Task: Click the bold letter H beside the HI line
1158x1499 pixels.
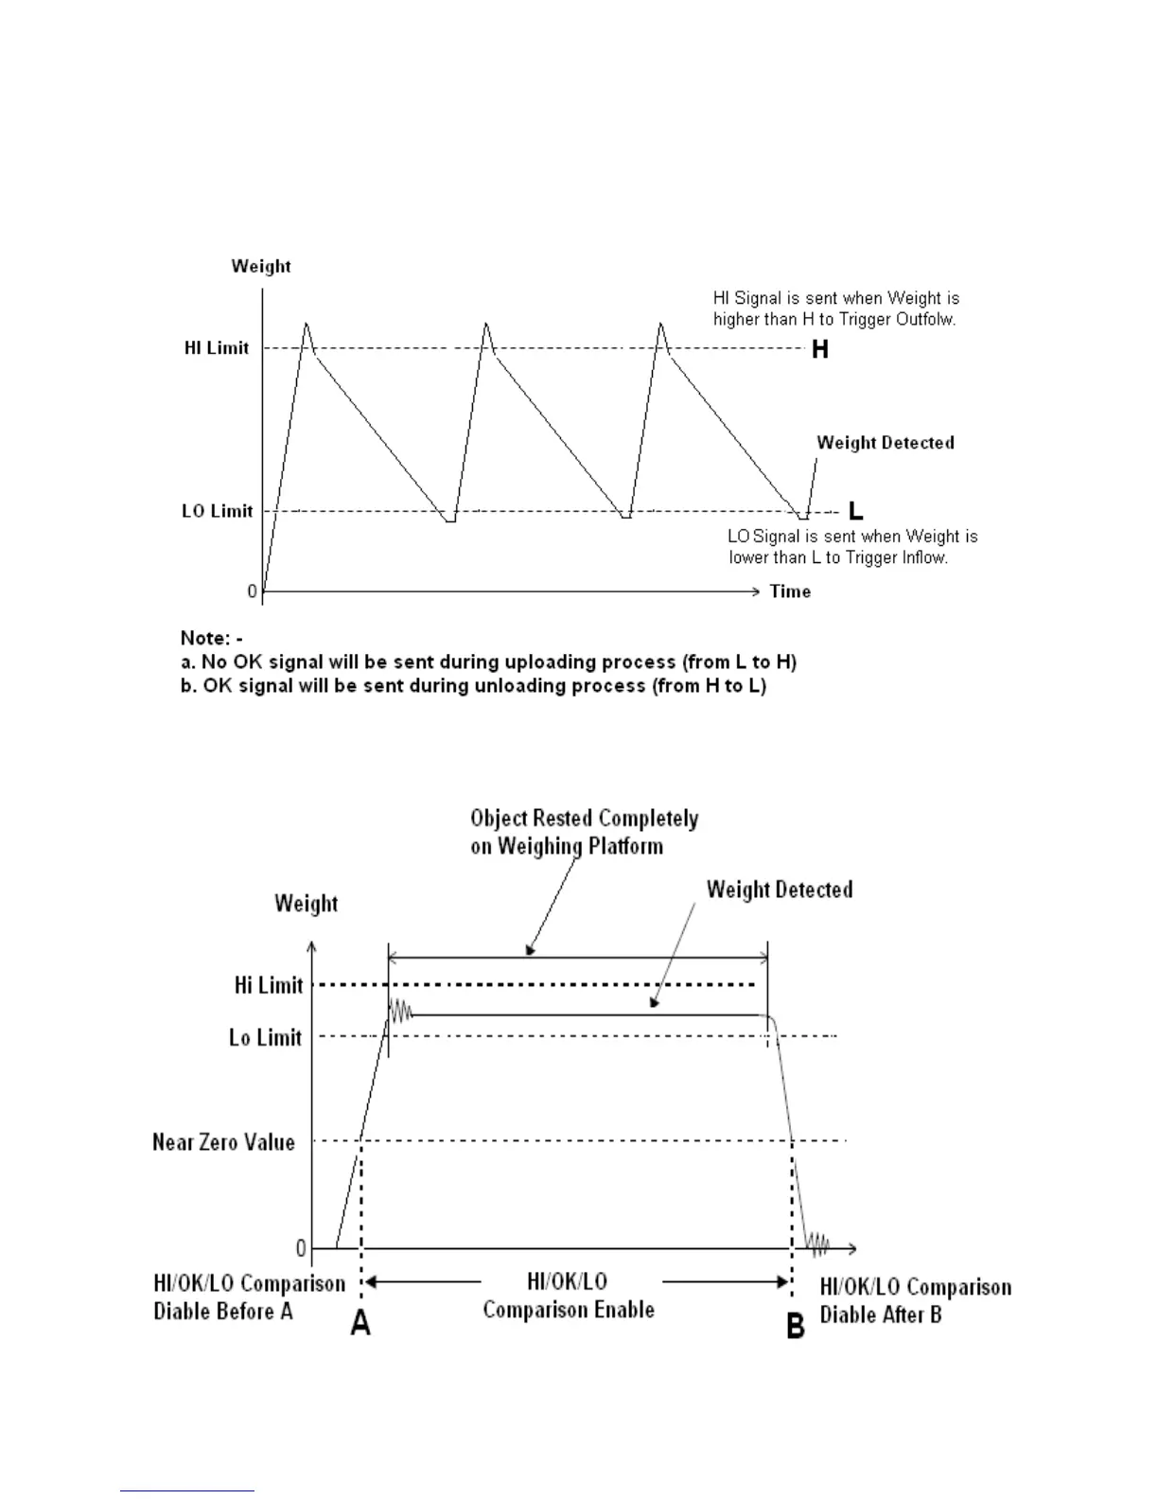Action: pyautogui.click(x=820, y=350)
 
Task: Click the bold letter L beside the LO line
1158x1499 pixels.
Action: pyautogui.click(x=855, y=512)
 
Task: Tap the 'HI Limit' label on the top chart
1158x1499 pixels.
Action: pyautogui.click(x=217, y=348)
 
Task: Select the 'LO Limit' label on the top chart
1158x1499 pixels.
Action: pyautogui.click(x=218, y=511)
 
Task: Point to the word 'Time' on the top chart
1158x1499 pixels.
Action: pyautogui.click(x=790, y=591)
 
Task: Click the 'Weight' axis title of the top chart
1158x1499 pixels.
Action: pyautogui.click(x=261, y=266)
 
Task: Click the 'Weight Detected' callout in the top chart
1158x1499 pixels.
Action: pyautogui.click(x=886, y=443)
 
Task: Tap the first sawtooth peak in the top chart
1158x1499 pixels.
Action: pyautogui.click(x=306, y=325)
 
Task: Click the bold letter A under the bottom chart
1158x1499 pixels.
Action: pyautogui.click(x=360, y=1323)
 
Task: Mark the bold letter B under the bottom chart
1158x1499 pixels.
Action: pyautogui.click(x=796, y=1326)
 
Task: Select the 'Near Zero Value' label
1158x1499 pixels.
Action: pyautogui.click(x=223, y=1142)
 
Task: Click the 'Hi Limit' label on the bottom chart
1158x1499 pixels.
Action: pyautogui.click(x=269, y=985)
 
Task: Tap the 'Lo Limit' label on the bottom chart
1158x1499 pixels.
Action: pyautogui.click(x=265, y=1038)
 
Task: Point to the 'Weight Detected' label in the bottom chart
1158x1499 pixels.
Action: pyautogui.click(x=780, y=890)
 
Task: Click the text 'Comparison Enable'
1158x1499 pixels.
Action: pyautogui.click(x=569, y=1310)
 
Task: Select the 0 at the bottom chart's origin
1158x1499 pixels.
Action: pyautogui.click(x=301, y=1249)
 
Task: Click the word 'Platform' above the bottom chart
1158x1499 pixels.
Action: pyautogui.click(x=625, y=846)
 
